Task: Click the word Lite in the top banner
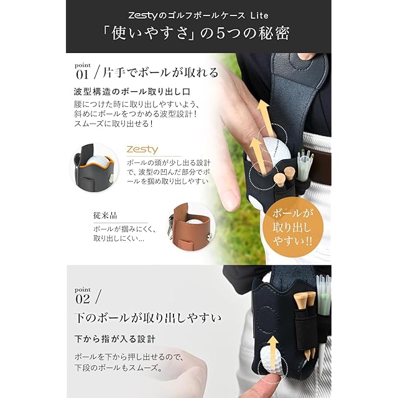[x=259, y=16]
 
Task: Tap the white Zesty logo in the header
[x=143, y=16]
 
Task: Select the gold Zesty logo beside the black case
[x=142, y=149]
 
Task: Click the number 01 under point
[x=82, y=75]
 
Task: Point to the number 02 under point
[x=83, y=299]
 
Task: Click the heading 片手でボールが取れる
[x=160, y=73]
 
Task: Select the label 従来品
[x=105, y=216]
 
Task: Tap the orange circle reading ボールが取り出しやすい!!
[x=293, y=227]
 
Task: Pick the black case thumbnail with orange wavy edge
[x=95, y=168]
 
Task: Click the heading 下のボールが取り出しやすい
[x=148, y=318]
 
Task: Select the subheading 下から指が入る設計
[x=114, y=339]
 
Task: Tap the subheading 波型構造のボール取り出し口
[x=132, y=91]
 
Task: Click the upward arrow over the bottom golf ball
[x=273, y=352]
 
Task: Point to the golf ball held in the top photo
[x=275, y=150]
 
